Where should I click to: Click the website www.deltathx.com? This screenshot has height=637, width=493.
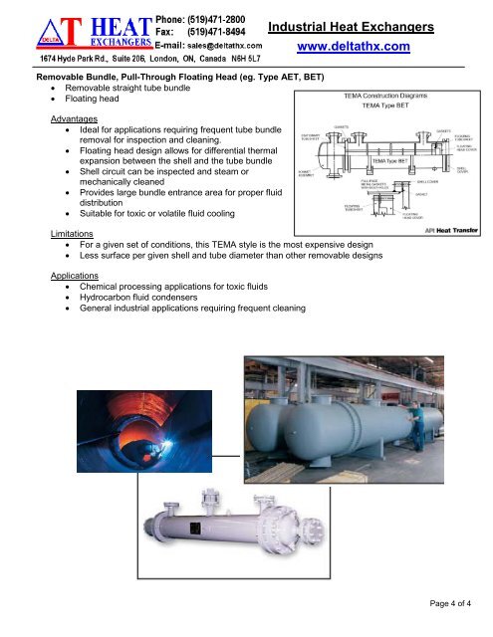click(x=355, y=47)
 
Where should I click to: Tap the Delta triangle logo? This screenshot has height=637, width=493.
click(x=30, y=31)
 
